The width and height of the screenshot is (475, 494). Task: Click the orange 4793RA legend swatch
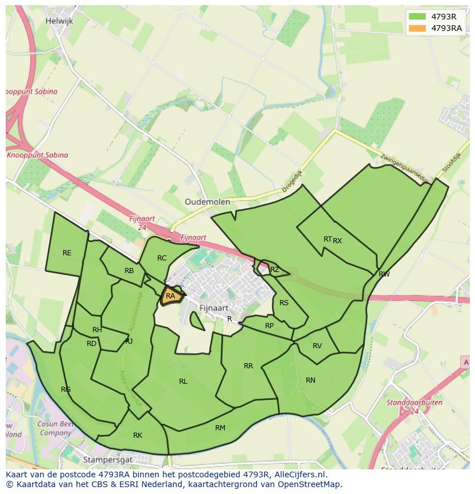(417, 28)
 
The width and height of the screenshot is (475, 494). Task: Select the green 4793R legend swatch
(417, 17)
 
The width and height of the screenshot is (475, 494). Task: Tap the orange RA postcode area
(170, 296)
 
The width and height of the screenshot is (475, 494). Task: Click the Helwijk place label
(60, 21)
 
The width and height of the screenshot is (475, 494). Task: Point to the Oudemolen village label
(207, 202)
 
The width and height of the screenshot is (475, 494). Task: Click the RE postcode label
(67, 253)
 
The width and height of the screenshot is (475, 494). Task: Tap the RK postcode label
(138, 435)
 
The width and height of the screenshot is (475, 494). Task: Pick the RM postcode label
(220, 428)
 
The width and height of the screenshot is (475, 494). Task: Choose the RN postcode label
(310, 380)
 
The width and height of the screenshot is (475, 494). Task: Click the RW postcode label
(384, 274)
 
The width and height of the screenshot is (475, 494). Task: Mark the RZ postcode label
(275, 270)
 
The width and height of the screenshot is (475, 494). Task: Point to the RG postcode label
(66, 390)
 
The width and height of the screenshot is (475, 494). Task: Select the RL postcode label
(183, 382)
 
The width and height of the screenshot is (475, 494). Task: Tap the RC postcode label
(162, 258)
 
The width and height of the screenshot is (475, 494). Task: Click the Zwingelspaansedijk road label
(404, 166)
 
